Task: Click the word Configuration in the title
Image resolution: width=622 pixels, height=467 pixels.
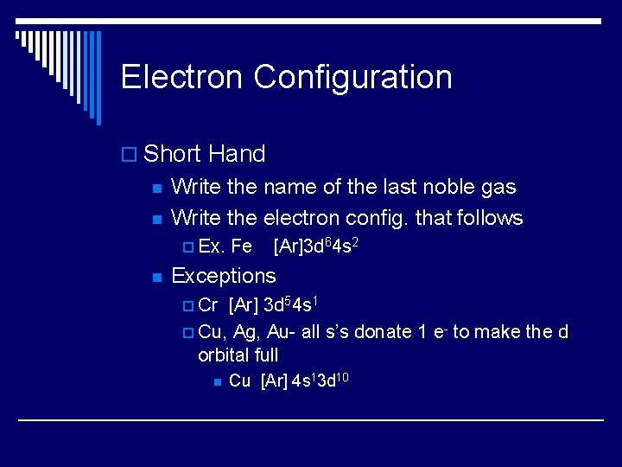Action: point(352,78)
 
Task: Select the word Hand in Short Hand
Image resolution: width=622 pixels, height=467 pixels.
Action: point(237,155)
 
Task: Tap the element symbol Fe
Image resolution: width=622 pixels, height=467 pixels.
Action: point(242,247)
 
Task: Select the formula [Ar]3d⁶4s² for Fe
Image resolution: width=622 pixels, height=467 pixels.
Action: point(315,246)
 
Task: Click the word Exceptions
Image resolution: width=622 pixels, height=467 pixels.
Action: point(224,276)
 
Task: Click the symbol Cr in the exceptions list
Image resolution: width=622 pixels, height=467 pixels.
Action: point(208,305)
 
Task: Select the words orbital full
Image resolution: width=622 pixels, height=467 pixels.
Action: point(238,355)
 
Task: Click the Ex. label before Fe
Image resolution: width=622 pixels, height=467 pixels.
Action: point(211,247)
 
